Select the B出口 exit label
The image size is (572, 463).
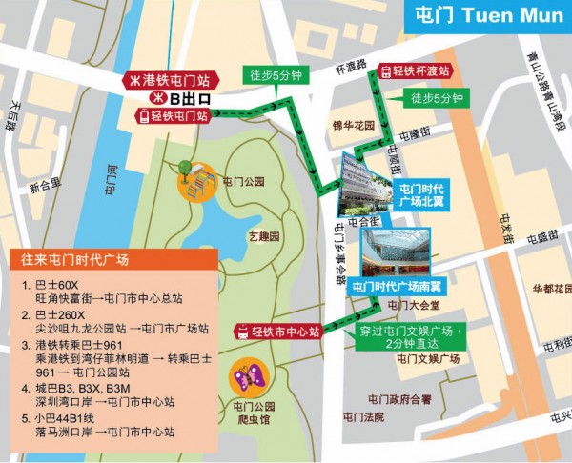[x=181, y=97]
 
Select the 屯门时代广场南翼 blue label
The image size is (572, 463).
[x=399, y=286]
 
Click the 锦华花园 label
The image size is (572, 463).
[x=354, y=125]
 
